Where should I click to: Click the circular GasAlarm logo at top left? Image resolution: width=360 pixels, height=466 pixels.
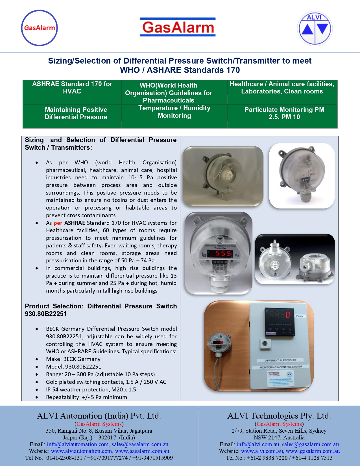[x=40, y=28]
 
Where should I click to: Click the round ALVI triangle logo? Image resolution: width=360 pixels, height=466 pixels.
[x=315, y=28]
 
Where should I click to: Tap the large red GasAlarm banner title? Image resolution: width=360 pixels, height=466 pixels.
[x=178, y=27]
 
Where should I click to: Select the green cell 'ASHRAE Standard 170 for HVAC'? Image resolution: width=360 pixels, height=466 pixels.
[x=72, y=88]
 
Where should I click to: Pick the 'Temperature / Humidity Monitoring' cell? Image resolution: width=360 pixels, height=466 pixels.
[x=174, y=112]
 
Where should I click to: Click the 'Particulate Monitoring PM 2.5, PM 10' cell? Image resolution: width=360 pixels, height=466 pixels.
[x=284, y=114]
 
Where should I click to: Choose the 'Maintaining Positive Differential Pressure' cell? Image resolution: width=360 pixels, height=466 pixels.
[x=76, y=114]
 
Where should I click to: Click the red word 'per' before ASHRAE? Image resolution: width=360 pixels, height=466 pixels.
[x=58, y=223]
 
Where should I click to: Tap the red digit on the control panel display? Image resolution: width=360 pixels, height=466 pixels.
[x=287, y=314]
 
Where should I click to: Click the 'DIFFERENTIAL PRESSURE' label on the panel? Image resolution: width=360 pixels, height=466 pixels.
[x=280, y=360]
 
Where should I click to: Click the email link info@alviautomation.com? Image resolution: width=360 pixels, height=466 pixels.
[x=78, y=444]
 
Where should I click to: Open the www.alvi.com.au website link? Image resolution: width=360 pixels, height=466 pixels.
[x=262, y=451]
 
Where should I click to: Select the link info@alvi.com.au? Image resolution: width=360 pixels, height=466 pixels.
[x=258, y=444]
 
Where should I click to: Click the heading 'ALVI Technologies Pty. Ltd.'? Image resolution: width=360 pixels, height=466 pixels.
[x=279, y=416]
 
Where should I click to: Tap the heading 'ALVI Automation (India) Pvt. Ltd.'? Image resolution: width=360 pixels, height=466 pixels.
[x=99, y=416]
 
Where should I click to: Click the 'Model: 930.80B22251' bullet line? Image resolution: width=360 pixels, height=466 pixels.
[x=74, y=367]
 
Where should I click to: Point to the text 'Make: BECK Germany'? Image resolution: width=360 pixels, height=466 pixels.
[x=73, y=359]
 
